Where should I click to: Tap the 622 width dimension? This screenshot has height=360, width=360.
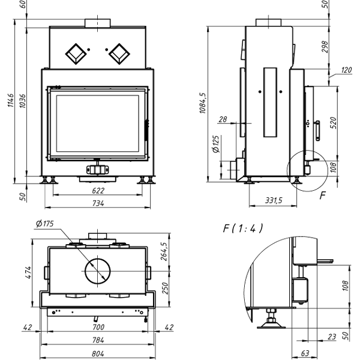pyautogui.click(x=98, y=191)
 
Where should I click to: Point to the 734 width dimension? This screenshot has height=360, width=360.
pyautogui.click(x=98, y=203)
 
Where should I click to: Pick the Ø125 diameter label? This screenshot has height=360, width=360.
pyautogui.click(x=216, y=145)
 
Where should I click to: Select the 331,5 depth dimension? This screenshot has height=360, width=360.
pyautogui.click(x=274, y=200)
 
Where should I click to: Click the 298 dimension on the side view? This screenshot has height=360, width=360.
pyautogui.click(x=325, y=47)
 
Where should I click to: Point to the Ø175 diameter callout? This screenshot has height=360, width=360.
pyautogui.click(x=44, y=224)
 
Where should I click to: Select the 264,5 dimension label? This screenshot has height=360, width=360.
pyautogui.click(x=164, y=253)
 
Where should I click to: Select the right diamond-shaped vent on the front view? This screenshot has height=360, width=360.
pyautogui.click(x=119, y=53)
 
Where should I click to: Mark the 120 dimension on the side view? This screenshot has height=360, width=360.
pyautogui.click(x=346, y=70)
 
